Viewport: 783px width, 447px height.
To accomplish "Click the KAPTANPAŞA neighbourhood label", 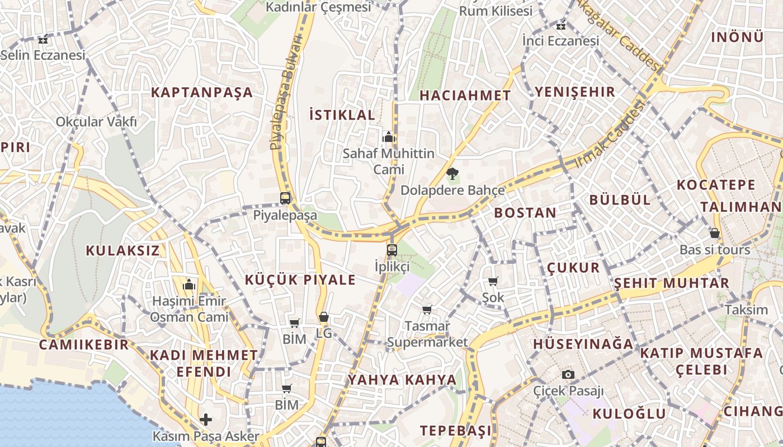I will click(202, 93).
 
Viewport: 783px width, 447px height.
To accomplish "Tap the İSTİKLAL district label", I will click(342, 115).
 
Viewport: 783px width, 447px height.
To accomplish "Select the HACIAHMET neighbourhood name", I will click(465, 96).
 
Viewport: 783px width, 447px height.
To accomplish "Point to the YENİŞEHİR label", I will click(575, 92).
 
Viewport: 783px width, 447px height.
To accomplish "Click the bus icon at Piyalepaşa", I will click(285, 198).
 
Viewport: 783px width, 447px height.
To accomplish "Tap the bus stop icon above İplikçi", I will click(392, 250).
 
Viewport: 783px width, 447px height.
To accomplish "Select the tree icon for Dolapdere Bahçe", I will click(452, 173).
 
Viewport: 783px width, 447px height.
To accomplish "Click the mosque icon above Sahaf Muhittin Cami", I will click(389, 136).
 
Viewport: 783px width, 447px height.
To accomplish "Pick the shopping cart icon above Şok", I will click(493, 281).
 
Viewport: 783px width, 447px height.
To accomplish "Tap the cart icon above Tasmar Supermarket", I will click(427, 309).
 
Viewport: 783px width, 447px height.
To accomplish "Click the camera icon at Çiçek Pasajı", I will click(568, 374).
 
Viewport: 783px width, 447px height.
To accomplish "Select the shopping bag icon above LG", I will click(324, 317).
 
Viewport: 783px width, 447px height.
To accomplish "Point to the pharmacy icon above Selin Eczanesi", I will click(43, 39).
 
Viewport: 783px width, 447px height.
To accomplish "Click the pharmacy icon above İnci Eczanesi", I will click(561, 25).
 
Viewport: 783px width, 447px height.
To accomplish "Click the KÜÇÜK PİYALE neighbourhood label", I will click(300, 280).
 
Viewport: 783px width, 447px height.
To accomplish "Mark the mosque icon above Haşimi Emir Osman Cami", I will click(189, 284).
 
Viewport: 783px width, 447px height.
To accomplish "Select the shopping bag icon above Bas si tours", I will click(714, 233).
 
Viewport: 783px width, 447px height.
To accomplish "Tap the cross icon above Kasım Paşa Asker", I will click(206, 419).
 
